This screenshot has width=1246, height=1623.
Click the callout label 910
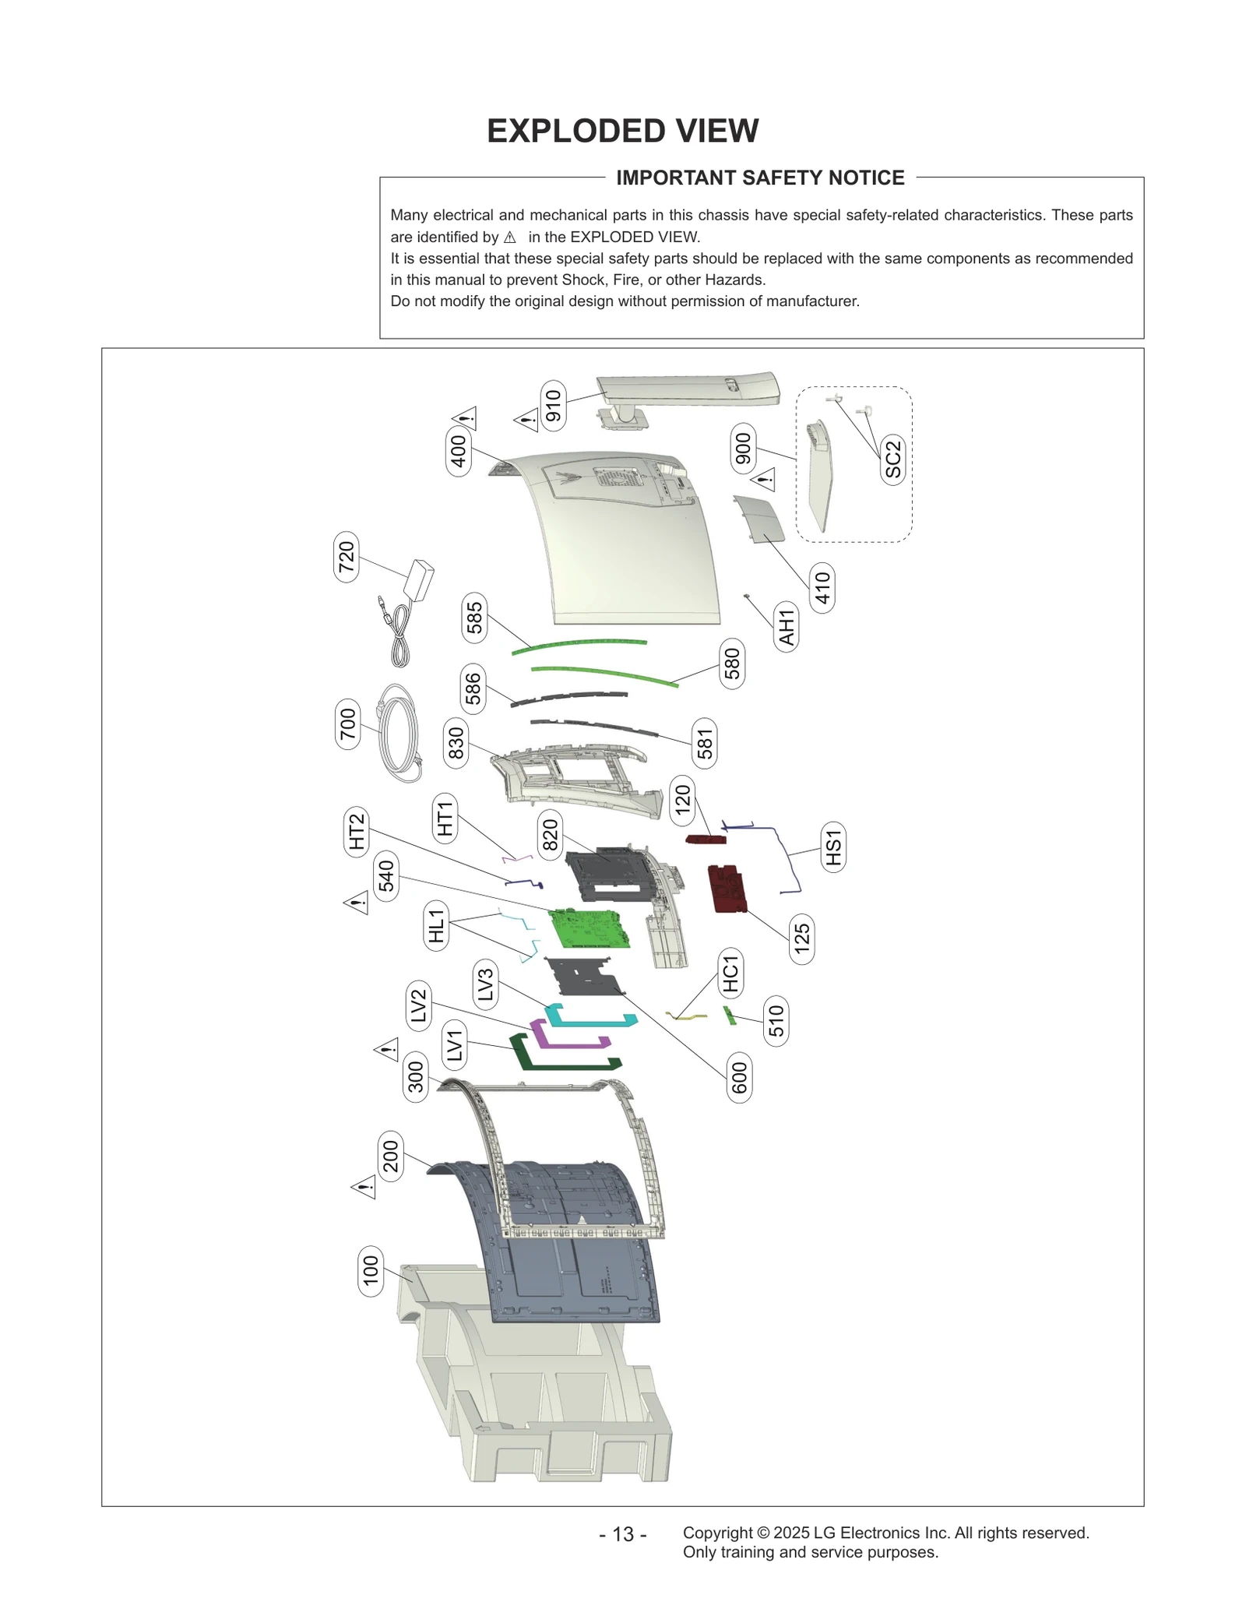click(x=553, y=406)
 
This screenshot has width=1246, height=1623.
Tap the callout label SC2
click(x=892, y=459)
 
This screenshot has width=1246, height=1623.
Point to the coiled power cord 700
click(x=399, y=733)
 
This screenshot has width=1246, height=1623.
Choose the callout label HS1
click(x=833, y=847)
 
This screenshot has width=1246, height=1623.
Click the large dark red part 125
click(x=727, y=888)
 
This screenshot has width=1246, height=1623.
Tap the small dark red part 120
click(x=706, y=840)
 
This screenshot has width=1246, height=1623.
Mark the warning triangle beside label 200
click(x=364, y=1188)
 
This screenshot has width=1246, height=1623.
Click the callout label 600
click(x=740, y=1078)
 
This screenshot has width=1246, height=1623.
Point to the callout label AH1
click(x=787, y=627)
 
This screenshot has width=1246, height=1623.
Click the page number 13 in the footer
click(x=622, y=1534)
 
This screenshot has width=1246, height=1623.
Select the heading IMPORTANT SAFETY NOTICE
click(x=760, y=178)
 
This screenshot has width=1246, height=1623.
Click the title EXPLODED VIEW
click(x=622, y=131)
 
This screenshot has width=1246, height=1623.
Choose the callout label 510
click(x=776, y=1020)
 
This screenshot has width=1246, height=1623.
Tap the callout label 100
click(x=370, y=1270)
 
